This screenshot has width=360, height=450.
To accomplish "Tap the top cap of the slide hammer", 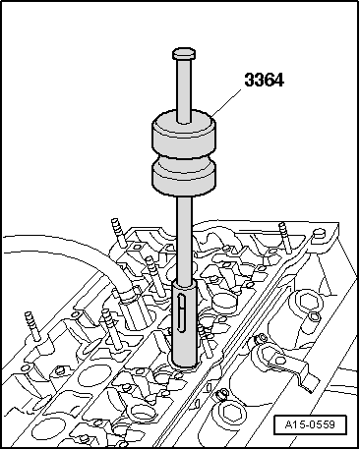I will (184, 54).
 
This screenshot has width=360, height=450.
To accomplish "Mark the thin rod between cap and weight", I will (184, 88).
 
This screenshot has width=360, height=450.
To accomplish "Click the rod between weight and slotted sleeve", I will (183, 236).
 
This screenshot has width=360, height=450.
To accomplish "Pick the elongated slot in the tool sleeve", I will (184, 312).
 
